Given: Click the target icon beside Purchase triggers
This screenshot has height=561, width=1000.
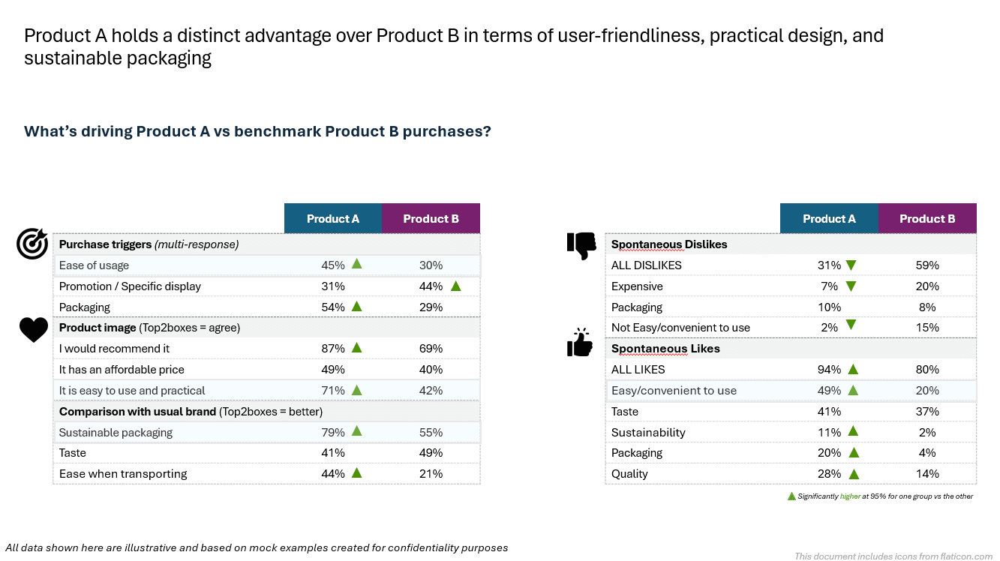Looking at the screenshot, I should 32,244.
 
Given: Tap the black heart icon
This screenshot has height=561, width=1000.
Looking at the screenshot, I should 33,329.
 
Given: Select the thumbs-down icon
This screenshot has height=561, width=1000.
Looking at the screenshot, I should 581,245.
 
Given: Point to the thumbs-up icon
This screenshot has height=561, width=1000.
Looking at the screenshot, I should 580,343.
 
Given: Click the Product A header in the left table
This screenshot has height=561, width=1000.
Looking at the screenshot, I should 333,219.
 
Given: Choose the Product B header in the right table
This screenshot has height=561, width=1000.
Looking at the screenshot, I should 927,219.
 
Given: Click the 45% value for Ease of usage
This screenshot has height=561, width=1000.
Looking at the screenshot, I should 333,265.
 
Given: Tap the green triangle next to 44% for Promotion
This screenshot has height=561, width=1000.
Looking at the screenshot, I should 455,285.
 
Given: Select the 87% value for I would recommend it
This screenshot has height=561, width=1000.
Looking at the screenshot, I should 333,348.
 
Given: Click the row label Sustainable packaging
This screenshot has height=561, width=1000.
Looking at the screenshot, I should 116,432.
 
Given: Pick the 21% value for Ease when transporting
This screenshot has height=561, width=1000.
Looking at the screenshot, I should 431,473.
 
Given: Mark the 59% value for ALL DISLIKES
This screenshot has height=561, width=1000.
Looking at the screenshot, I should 927,265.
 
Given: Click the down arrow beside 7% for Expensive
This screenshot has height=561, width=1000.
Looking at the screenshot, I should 851,285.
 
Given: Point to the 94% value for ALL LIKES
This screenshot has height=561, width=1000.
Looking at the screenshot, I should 829,369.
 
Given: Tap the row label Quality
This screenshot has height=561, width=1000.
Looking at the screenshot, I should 629,473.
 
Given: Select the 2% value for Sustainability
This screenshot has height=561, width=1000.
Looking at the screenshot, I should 927,432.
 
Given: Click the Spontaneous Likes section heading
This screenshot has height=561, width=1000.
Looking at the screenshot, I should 665,348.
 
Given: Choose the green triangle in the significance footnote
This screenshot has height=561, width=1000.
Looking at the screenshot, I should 791,496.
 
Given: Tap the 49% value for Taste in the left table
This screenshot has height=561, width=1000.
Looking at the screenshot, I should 431,452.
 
